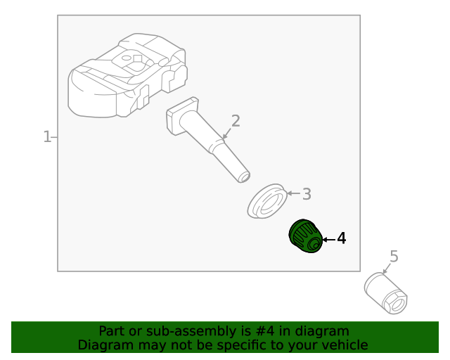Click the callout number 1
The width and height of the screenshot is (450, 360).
pyautogui.click(x=47, y=137)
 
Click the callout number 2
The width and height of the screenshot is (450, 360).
pyautogui.click(x=236, y=121)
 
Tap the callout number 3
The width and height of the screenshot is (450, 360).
pyautogui.click(x=307, y=194)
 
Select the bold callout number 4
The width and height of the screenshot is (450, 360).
pyautogui.click(x=341, y=238)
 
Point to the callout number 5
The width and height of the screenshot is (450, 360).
pyautogui.click(x=394, y=257)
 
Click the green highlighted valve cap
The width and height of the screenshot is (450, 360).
pyautogui.click(x=305, y=236)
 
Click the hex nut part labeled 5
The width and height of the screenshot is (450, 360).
pyautogui.click(x=385, y=293)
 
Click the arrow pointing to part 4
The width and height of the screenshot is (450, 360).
pyautogui.click(x=329, y=240)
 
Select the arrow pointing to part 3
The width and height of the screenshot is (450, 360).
pyautogui.click(x=294, y=193)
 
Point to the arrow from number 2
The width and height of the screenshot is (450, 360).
pyautogui.click(x=226, y=134)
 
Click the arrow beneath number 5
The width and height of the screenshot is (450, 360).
pyautogui.click(x=387, y=268)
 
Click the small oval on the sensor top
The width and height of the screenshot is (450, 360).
pyautogui.click(x=127, y=58)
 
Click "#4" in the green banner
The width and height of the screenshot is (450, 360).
pyautogui.click(x=264, y=331)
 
